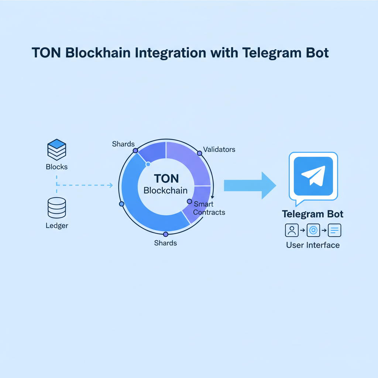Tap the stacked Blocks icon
(x=57, y=150)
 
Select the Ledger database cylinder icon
(x=57, y=208)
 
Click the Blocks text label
(x=57, y=167)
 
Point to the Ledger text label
(x=57, y=225)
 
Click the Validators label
(x=219, y=150)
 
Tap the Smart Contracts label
(x=209, y=208)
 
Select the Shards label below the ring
(x=165, y=243)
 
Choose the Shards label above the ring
(x=123, y=144)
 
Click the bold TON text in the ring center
(x=166, y=179)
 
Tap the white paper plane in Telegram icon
(x=313, y=176)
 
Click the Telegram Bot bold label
(x=313, y=214)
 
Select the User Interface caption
(x=313, y=245)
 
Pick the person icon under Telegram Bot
(x=292, y=230)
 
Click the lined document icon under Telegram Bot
(x=334, y=230)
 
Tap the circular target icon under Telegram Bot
(x=313, y=230)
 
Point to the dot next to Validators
(x=200, y=153)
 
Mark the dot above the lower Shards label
(x=166, y=234)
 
